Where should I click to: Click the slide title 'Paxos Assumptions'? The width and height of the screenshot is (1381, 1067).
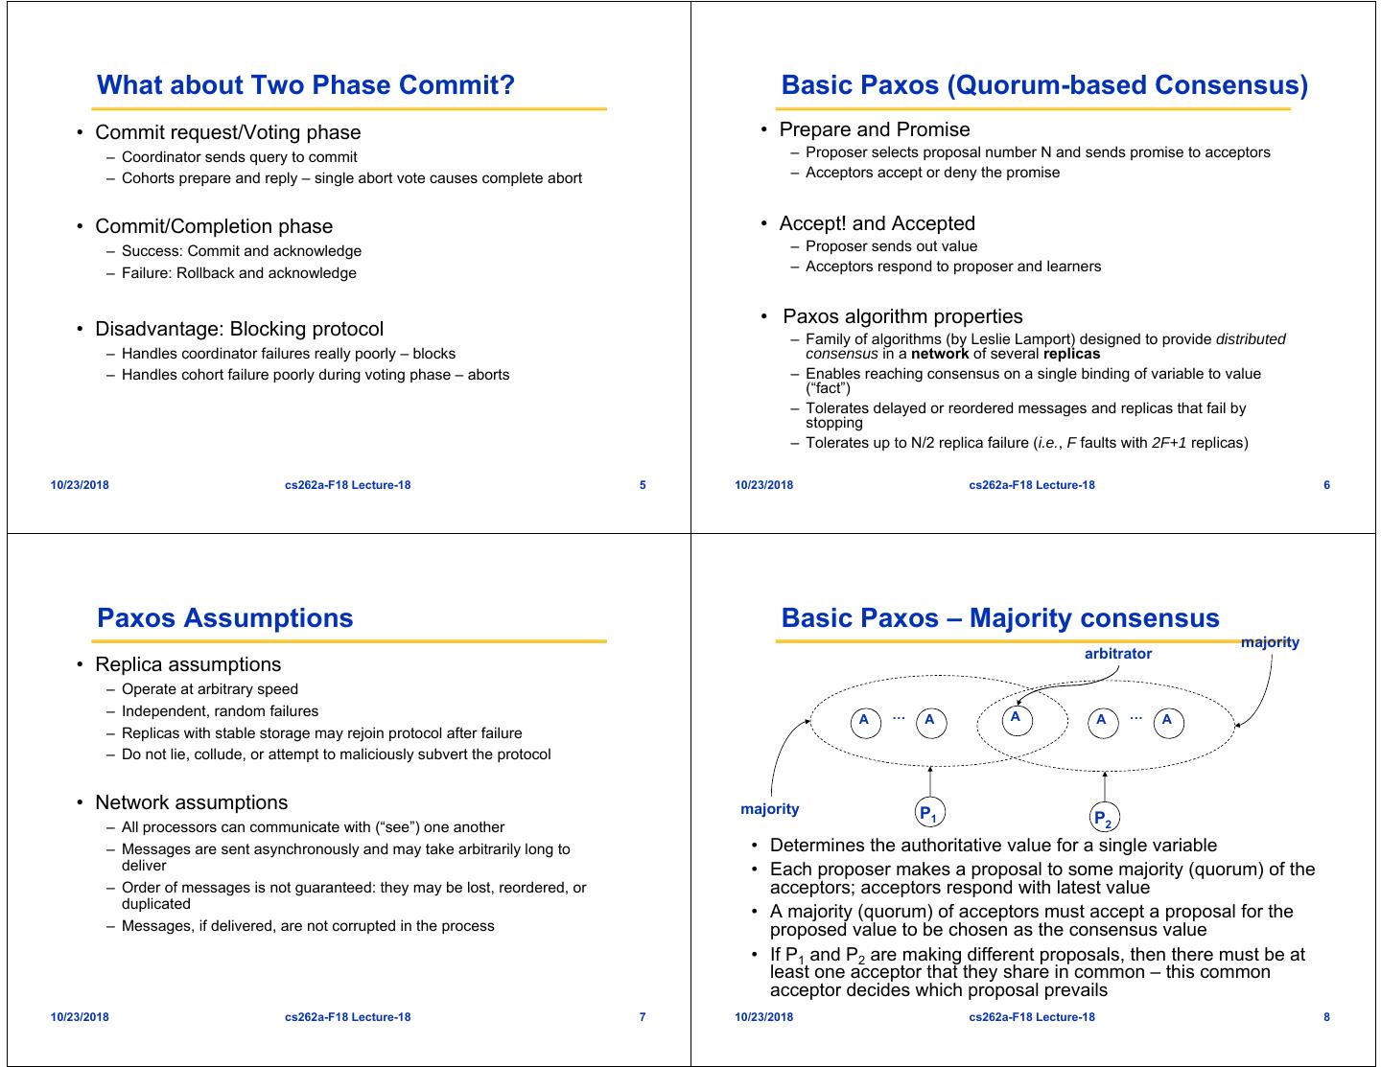tap(225, 618)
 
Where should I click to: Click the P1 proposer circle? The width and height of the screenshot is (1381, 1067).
tap(928, 814)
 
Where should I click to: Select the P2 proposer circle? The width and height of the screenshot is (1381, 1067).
tap(1104, 819)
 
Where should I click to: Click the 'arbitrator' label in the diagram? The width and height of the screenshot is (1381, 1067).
tap(1117, 654)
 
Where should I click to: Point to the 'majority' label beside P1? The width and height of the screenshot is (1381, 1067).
tap(769, 809)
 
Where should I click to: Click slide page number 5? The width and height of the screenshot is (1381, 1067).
tap(643, 485)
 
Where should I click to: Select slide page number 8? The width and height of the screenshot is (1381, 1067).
tap(1326, 1017)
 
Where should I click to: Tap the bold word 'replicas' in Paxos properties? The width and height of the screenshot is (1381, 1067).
tap(1071, 354)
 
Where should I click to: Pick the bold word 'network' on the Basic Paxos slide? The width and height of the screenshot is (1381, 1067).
tap(941, 354)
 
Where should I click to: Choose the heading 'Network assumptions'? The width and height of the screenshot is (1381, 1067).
tap(191, 803)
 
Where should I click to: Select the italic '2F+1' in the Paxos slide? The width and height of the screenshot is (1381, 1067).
tap(1169, 443)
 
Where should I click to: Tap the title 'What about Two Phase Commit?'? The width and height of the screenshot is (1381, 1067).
tap(306, 85)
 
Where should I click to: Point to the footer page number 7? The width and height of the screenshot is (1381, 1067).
tap(643, 1017)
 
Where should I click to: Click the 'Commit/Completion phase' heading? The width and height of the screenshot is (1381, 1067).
tap(214, 227)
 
